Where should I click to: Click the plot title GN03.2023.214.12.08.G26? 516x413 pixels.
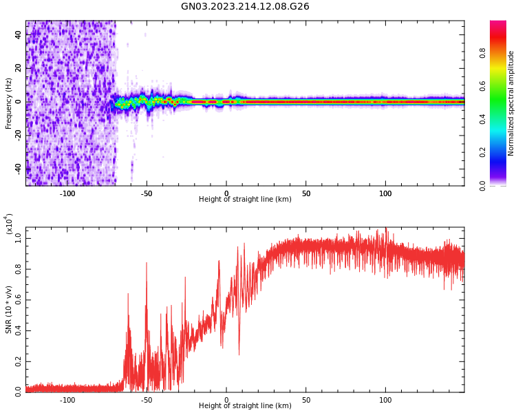click(x=245, y=7)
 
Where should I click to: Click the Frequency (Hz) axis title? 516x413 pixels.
click(x=8, y=103)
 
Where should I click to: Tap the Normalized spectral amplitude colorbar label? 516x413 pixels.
click(x=510, y=103)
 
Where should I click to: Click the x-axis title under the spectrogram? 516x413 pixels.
click(x=245, y=200)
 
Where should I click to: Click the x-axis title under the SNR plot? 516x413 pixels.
click(x=245, y=406)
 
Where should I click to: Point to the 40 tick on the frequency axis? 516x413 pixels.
click(x=18, y=35)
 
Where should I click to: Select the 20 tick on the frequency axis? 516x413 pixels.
click(x=18, y=68)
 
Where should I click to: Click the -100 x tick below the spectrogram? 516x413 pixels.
click(x=67, y=193)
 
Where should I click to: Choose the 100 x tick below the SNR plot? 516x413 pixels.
click(x=385, y=400)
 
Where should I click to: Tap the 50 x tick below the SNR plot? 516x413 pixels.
click(x=306, y=400)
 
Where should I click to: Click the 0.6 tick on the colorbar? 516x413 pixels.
click(x=502, y=85)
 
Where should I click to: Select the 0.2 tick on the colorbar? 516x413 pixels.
click(x=502, y=152)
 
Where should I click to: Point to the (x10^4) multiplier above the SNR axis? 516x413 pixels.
click(x=9, y=224)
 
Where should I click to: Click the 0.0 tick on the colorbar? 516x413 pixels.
click(x=502, y=185)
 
